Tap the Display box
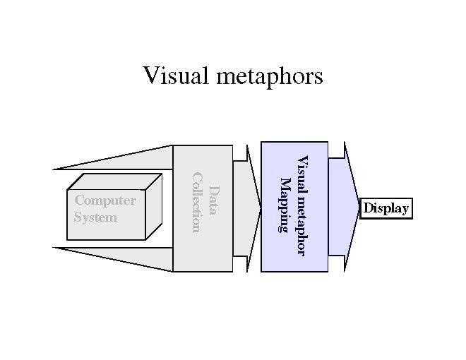pyautogui.click(x=386, y=209)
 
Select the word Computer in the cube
pyautogui.click(x=105, y=200)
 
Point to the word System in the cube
pyautogui.click(x=95, y=217)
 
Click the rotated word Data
pyautogui.click(x=213, y=200)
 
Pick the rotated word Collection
pyautogui.click(x=197, y=201)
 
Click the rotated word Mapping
pyautogui.click(x=285, y=205)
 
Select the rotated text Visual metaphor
pyautogui.click(x=301, y=205)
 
